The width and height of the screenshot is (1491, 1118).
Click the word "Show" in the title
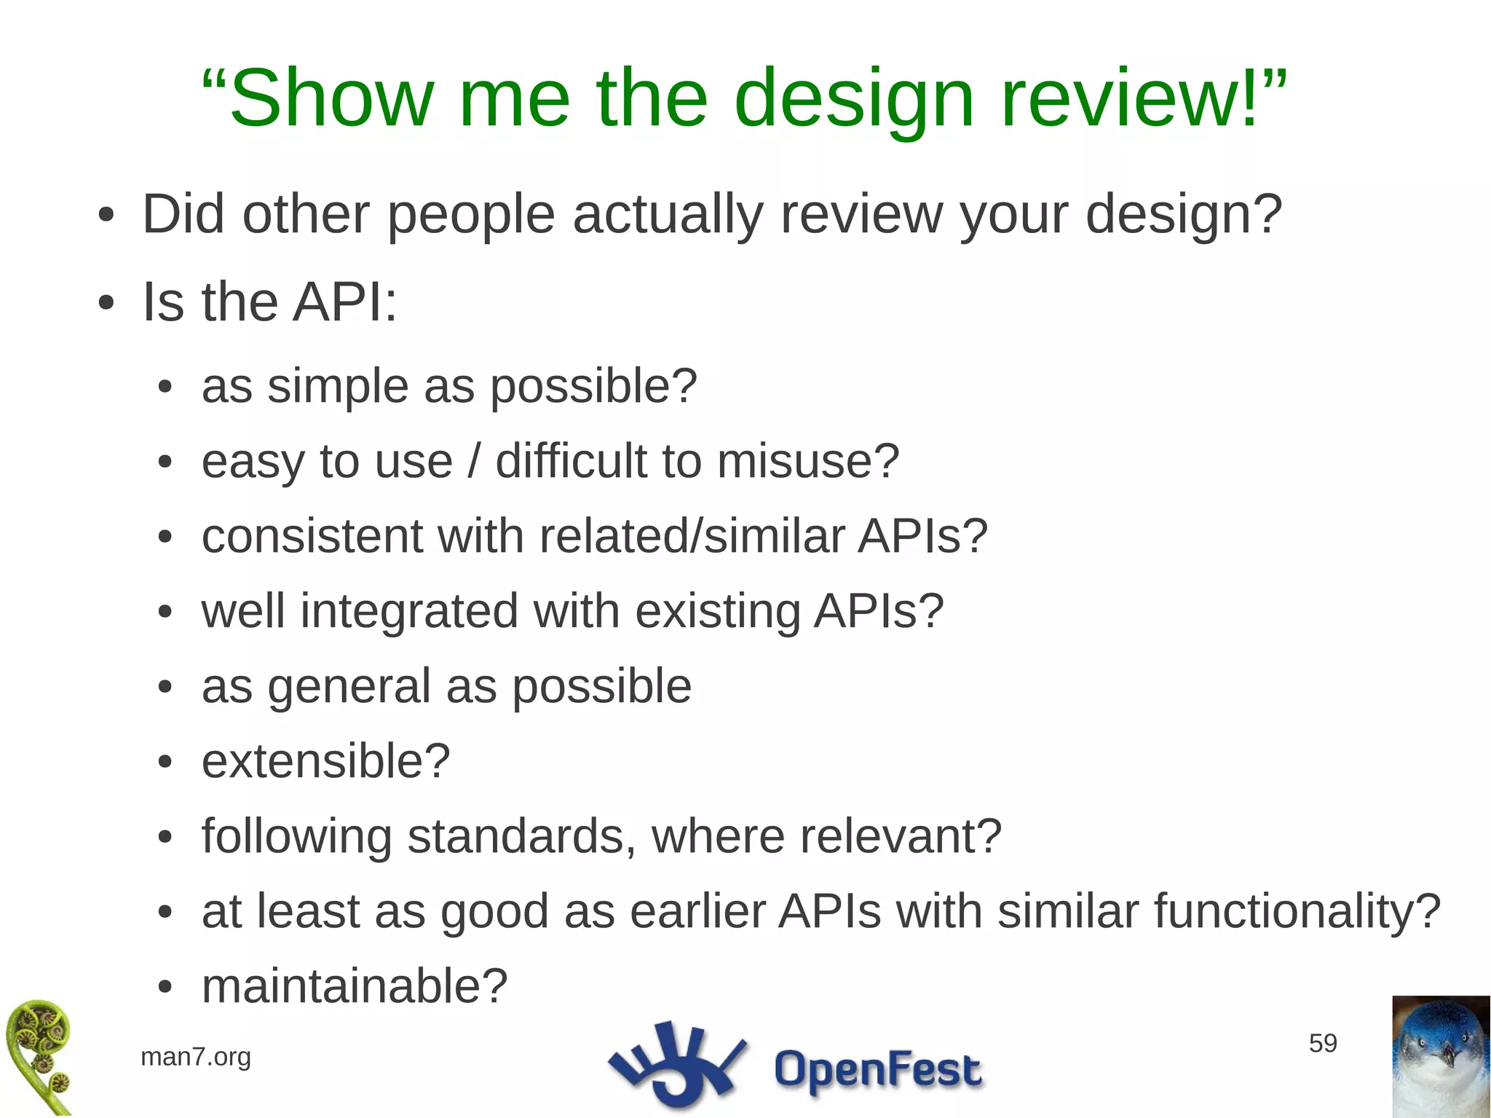331,98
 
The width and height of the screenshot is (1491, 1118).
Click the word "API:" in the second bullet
344,302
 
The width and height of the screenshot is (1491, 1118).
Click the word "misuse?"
808,461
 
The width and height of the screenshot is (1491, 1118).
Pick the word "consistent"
312,536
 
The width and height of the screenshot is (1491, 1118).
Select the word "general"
349,686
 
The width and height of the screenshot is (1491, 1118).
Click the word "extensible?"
325,761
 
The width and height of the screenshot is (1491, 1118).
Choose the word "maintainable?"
354,986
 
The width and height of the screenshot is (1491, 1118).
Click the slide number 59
1323,1043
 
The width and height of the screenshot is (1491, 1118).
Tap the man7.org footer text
195,1056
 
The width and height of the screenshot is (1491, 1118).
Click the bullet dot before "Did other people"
106,216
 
